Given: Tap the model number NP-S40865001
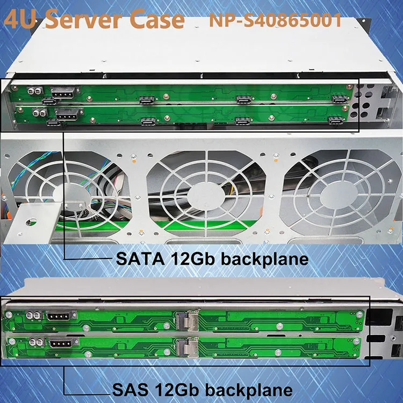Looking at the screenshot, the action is click(275, 20).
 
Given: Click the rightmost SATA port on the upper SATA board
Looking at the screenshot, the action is click(339, 99).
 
